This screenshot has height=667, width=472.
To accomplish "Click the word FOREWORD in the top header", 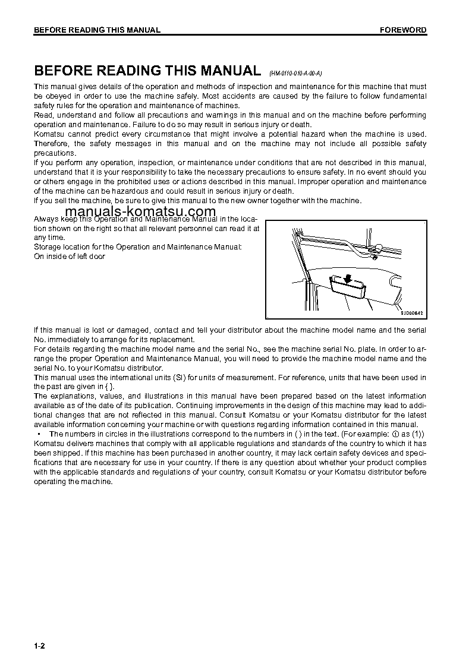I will tap(403, 30).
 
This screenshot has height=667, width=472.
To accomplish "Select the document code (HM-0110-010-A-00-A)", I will tap(295, 73).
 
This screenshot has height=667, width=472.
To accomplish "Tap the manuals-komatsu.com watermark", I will tap(140, 212).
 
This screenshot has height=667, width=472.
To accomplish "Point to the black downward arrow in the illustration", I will tap(347, 279).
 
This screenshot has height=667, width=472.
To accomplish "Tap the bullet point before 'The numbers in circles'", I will tap(37, 434).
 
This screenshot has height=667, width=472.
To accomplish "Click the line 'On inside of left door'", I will tap(70, 257).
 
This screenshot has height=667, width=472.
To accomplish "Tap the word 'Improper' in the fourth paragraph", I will tap(314, 181).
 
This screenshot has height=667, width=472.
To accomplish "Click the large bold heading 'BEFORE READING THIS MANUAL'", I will tap(147, 71).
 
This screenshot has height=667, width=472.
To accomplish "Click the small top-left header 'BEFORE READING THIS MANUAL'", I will tap(97, 30).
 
